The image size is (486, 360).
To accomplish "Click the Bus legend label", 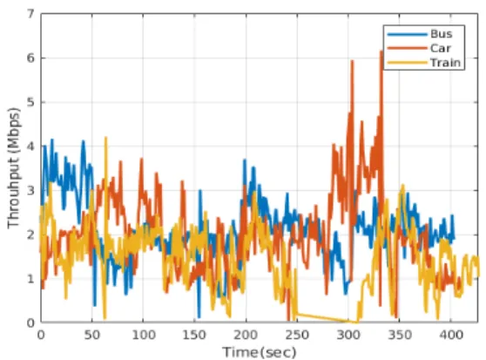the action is pos(441,34).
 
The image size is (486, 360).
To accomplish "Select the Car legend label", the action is pos(440,48).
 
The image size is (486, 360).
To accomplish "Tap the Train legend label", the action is pos(445,63).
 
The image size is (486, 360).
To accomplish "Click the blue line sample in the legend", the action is pos(408,34).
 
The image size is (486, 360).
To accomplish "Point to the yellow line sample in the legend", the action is pos(408,63).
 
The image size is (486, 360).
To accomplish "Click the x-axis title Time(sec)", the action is pos(260,352).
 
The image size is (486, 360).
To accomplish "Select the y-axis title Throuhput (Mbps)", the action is pos(14,169).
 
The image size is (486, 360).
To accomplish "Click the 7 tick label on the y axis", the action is pos(30,14).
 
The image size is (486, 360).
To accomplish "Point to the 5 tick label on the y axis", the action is pos(30,102).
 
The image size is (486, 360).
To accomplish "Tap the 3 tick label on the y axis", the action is pos(30,190).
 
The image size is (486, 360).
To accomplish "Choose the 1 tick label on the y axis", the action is pos(30,278).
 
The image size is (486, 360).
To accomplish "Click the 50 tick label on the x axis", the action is pos(92,335).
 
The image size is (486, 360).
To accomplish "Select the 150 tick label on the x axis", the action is pos(194,335).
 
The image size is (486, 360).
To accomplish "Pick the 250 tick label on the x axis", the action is pos(297,335).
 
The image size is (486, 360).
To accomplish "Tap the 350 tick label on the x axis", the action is pos(399,335).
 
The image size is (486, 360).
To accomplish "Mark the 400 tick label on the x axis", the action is pos(450,335).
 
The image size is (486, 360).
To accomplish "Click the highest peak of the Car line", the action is pos(381,51).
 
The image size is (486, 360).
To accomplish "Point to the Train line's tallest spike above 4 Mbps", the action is pos(106,138).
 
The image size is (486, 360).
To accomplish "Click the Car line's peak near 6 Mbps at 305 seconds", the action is pos(352,61).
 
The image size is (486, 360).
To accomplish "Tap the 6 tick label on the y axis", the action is pos(30,58).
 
